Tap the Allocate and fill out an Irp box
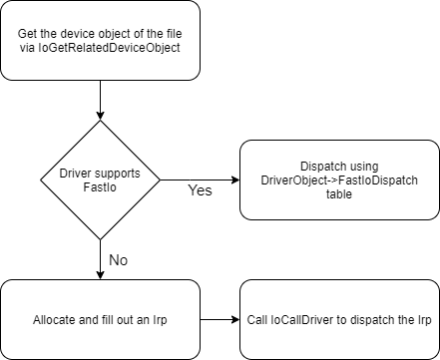pyautogui.click(x=100, y=321)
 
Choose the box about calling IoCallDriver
pyautogui.click(x=339, y=321)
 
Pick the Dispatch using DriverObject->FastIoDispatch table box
pyautogui.click(x=339, y=180)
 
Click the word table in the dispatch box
pyautogui.click(x=339, y=195)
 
